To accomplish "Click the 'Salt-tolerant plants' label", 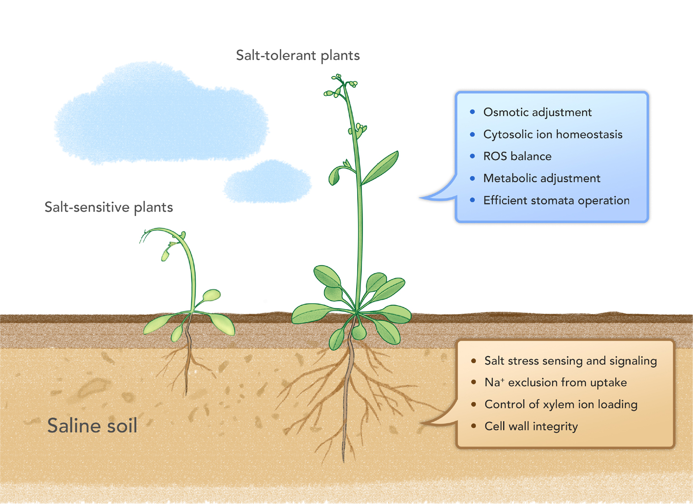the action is pos(298,56).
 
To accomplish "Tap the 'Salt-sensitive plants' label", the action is pos(109,207).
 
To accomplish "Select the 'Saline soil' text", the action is pos(92,425).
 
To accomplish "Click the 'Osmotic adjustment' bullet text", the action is pos(538,112).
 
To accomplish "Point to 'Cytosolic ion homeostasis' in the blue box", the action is pos(553,134).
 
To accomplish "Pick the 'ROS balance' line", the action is pos(517,157).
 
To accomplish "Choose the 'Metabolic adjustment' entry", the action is pos(542,178).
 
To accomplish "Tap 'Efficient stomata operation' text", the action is pos(557,201).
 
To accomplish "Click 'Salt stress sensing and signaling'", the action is pos(571,361).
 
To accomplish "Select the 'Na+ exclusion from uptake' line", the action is pos(556,382).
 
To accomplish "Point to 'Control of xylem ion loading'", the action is pos(561,404).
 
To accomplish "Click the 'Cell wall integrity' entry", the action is pos(531,426).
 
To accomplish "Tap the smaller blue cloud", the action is pos(268,182).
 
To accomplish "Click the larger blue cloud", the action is pos(161,113).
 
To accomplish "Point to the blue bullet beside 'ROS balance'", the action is pos(473,156).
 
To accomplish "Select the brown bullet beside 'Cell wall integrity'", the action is pos(473,426).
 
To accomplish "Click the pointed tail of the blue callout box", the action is pos(420,197).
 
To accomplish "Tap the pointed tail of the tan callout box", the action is pos(421,423).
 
